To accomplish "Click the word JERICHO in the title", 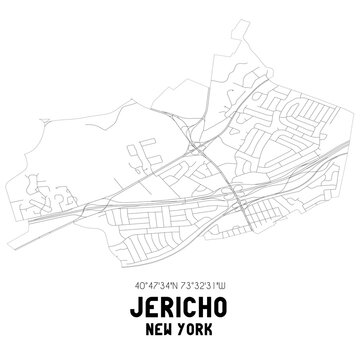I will click(180, 299).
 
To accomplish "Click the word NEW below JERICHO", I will click(155, 324).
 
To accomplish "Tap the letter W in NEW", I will click(166, 324).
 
